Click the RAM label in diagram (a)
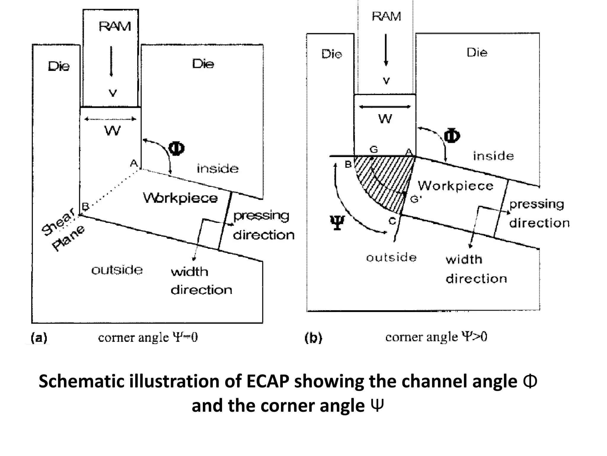click(115, 27)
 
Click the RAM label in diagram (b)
click(386, 16)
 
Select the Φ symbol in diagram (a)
click(176, 148)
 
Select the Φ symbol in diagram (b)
click(452, 136)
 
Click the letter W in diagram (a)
click(113, 131)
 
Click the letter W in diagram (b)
click(385, 119)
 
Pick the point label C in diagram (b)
click(392, 221)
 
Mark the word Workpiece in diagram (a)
click(180, 198)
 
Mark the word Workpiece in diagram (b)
click(456, 186)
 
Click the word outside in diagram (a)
click(117, 270)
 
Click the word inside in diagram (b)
click(493, 156)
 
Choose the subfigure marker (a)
click(39, 338)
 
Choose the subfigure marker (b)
click(313, 338)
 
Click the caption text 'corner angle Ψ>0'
click(436, 337)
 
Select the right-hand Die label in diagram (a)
click(203, 64)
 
